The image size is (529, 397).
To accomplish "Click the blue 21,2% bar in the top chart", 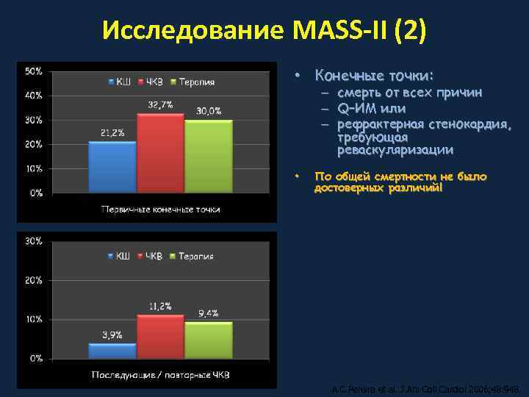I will (112, 167).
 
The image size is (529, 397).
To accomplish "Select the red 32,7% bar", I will (160, 153).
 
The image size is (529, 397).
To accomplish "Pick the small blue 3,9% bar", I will (112, 351).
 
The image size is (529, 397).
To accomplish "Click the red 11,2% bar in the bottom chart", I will (160, 337).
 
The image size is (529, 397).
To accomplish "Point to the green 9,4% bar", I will (208, 340).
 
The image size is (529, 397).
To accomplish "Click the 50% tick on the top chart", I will (33, 71).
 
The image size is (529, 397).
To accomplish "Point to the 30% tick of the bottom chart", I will (33, 241).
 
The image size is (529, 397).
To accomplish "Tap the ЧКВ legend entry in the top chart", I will (153, 82).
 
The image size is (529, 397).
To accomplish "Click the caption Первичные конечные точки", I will (160, 210).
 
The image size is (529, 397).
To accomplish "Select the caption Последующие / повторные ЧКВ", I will (160, 375).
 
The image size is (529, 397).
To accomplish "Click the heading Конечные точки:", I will (374, 76).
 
